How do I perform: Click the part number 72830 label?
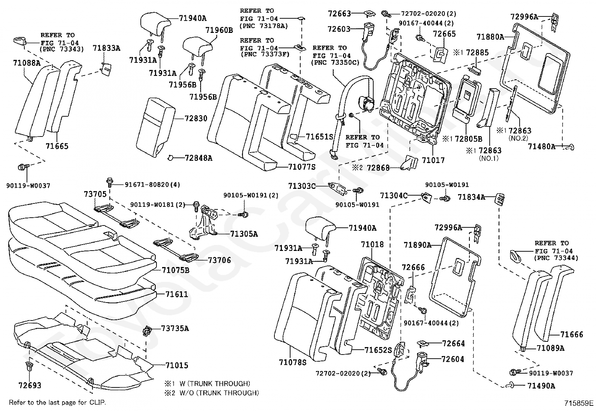tap(196, 118)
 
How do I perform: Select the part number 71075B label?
tap(176, 270)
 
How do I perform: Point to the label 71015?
tap(177, 365)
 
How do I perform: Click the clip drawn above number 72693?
tap(29, 366)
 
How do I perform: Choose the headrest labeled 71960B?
tap(197, 48)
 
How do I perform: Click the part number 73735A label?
tap(175, 329)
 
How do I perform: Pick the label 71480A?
tap(541, 147)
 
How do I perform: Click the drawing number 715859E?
tap(579, 403)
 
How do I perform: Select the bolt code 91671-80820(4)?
tap(152, 184)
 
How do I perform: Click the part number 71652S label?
tap(378, 350)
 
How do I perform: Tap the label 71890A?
tap(417, 245)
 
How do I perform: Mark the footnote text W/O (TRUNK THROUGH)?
tap(219, 393)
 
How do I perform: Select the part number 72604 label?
tap(453, 359)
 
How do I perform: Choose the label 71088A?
tap(27, 63)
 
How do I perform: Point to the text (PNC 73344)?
tap(556, 258)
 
